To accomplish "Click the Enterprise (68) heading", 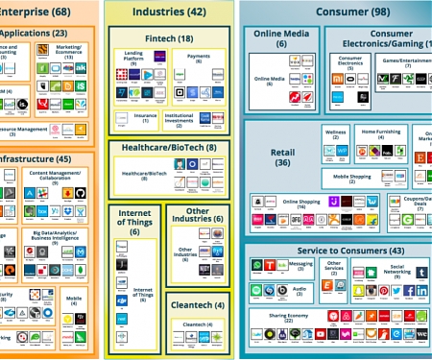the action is click(x=38, y=12).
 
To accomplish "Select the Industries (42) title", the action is click(x=169, y=12).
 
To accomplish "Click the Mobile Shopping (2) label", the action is click(x=352, y=177).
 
